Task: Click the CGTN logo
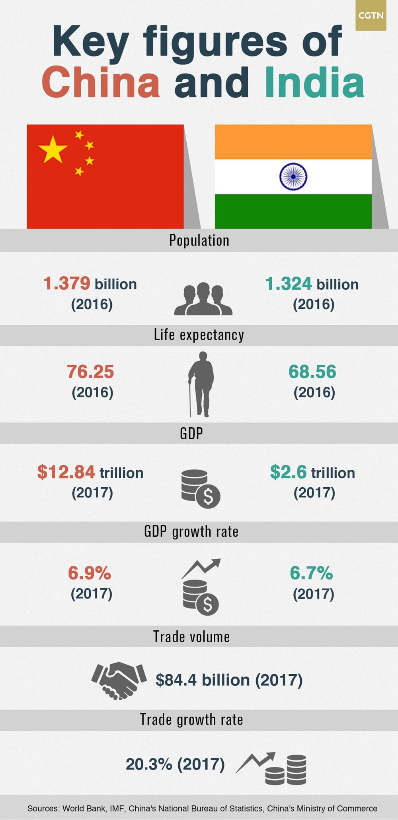(371, 16)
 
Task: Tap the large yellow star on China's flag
(53, 149)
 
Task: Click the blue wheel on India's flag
(293, 176)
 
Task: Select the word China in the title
(101, 82)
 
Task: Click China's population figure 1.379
(67, 284)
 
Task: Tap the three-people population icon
(203, 299)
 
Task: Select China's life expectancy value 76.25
(90, 372)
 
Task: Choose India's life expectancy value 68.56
(312, 372)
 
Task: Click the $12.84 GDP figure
(66, 472)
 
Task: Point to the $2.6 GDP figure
(288, 472)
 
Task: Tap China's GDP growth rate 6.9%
(90, 573)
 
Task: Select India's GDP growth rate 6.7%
(311, 573)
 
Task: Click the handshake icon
(119, 680)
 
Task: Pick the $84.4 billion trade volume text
(229, 680)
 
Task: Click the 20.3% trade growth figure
(149, 764)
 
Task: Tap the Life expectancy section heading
(199, 335)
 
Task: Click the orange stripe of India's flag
(293, 142)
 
